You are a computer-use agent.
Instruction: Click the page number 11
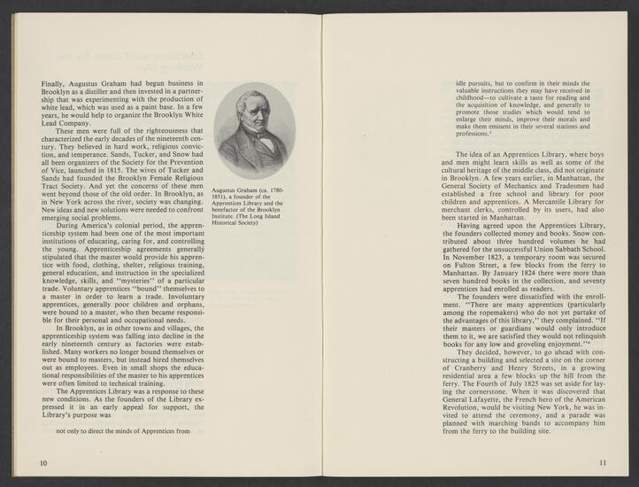(x=603, y=462)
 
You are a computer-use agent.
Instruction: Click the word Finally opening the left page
(x=55, y=84)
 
